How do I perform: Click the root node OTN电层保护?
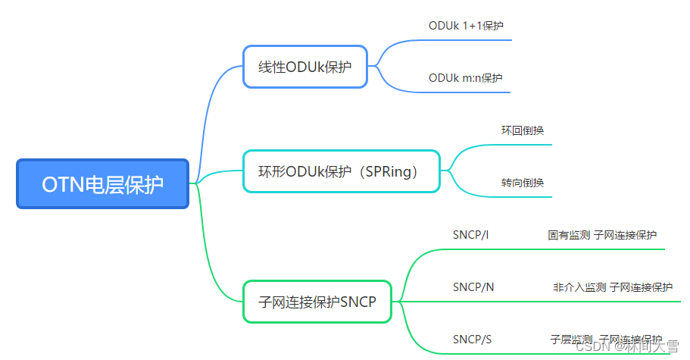click(102, 183)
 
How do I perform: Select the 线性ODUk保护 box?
click(304, 67)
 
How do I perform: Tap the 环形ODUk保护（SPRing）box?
click(342, 171)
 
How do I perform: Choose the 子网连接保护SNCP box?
click(317, 302)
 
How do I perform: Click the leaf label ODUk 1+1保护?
click(466, 25)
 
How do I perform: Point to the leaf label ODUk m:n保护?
click(465, 77)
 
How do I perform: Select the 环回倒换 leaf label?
click(522, 130)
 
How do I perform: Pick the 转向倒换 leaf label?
click(522, 182)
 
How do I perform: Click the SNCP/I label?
click(470, 235)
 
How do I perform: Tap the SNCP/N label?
click(473, 287)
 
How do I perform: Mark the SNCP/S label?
click(473, 340)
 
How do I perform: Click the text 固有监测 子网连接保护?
click(602, 235)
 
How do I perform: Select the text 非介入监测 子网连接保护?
click(612, 287)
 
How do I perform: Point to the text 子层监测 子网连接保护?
click(606, 340)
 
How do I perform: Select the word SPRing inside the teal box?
click(396, 171)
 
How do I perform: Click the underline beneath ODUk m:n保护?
click(470, 92)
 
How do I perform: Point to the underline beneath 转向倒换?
click(523, 197)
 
